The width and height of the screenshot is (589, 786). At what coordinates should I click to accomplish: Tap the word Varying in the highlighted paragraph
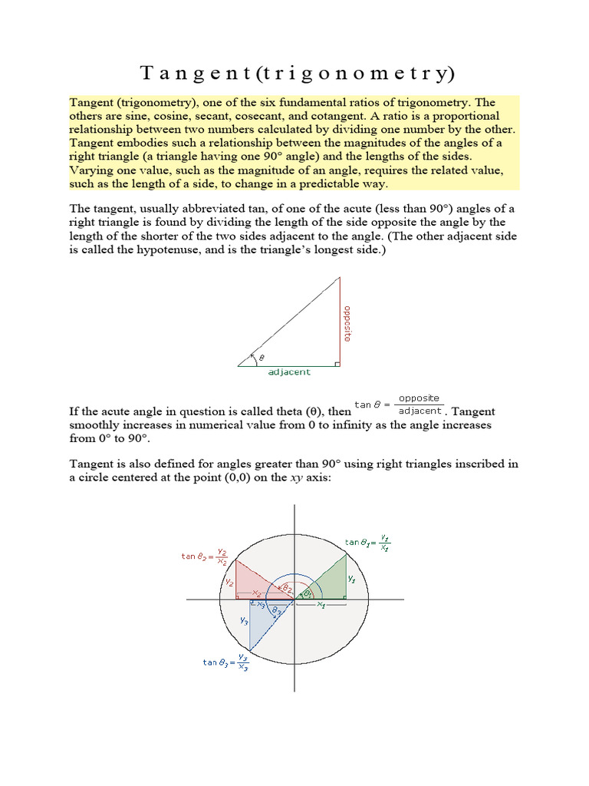tap(91, 170)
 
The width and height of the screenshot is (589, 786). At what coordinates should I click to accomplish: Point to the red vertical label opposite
tap(347, 323)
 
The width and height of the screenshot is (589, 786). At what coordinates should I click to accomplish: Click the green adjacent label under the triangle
tap(289, 372)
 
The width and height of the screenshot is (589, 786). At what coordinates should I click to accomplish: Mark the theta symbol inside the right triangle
tap(261, 357)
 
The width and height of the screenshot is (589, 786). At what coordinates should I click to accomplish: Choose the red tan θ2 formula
tap(204, 556)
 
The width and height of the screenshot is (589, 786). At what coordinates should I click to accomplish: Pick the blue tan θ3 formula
tap(225, 662)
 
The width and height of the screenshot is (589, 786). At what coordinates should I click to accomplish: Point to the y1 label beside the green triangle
tap(351, 580)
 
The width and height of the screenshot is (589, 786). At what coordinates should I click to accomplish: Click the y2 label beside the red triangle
tap(228, 584)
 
